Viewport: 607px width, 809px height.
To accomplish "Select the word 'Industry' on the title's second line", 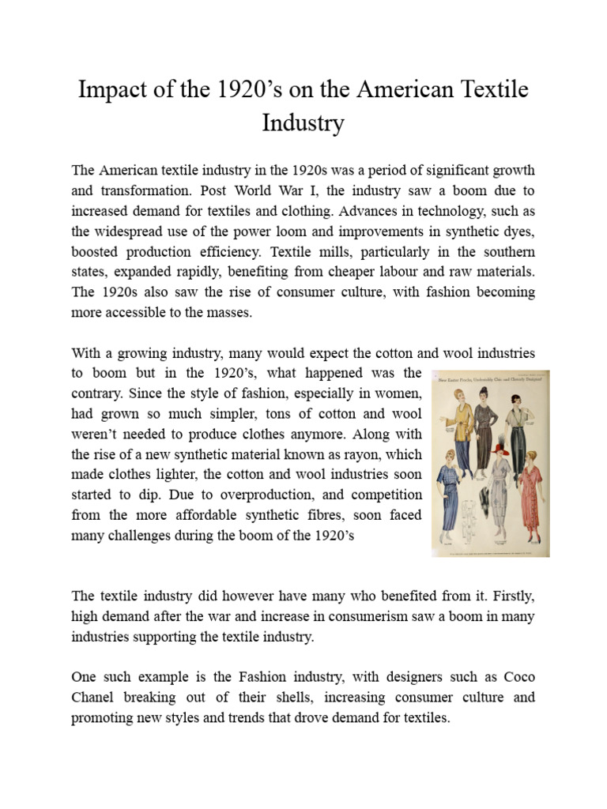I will click(303, 124).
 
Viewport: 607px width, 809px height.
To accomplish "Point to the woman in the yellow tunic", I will click(460, 418).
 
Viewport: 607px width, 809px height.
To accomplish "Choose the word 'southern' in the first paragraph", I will click(507, 252).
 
